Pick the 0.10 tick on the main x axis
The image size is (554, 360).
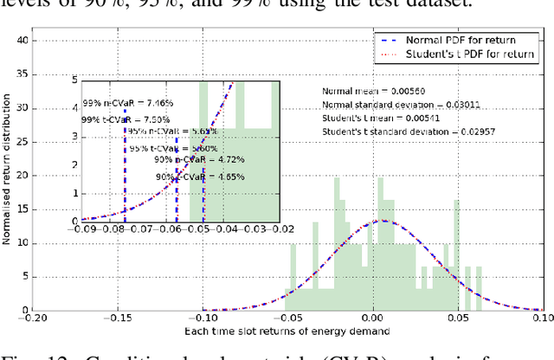[x=542, y=318]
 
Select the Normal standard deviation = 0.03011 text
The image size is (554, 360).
[x=390, y=104]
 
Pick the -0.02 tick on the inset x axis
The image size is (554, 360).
[x=279, y=229]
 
